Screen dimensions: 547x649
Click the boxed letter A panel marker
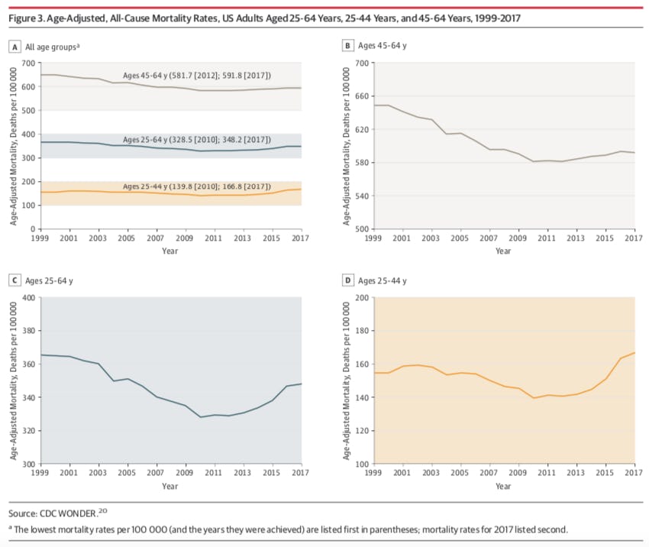point(14,47)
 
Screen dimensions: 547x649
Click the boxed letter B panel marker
point(348,47)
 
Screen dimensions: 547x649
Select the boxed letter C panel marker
point(14,281)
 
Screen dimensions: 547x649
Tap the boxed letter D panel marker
point(348,281)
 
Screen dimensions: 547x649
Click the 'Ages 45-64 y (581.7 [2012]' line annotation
point(198,75)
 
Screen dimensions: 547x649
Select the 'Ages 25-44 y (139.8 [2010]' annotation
point(198,187)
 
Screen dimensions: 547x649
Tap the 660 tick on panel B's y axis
point(362,96)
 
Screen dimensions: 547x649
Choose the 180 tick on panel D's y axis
point(362,331)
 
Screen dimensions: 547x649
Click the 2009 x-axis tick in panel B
point(518,239)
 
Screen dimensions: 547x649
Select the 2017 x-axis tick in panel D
point(633,474)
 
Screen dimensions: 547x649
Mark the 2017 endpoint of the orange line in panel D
point(634,352)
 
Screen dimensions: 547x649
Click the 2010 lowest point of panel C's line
point(200,417)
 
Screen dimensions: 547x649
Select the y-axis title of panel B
point(347,145)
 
